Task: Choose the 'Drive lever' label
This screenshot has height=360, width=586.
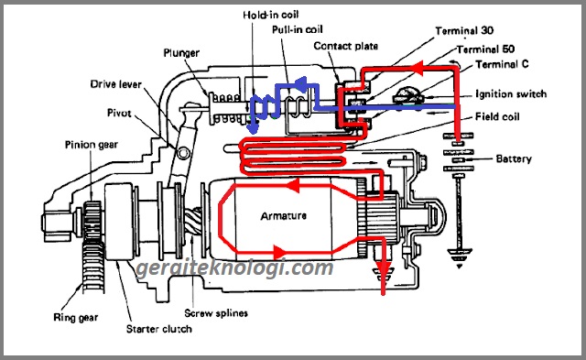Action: point(114,84)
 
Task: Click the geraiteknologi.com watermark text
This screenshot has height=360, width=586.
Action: point(233,269)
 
